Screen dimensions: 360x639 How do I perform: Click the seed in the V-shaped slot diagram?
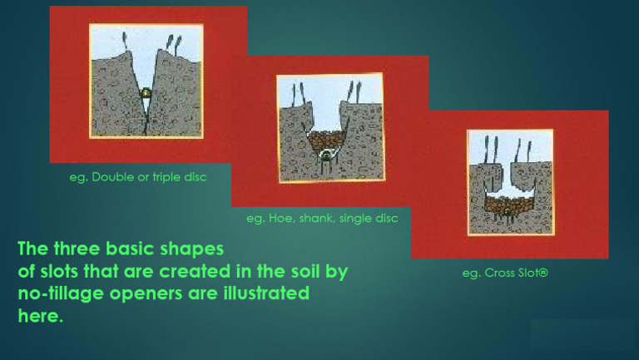pyautogui.click(x=146, y=94)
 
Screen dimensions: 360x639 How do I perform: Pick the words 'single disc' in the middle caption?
pyautogui.click(x=368, y=219)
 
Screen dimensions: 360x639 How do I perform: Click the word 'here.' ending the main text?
pyautogui.click(x=41, y=316)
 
